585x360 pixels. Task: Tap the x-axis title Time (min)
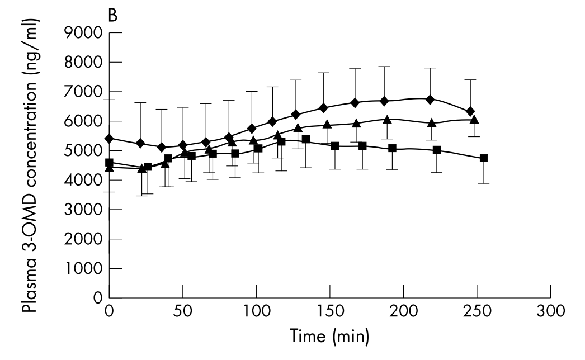coord(328,337)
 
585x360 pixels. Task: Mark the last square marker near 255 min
coord(484,158)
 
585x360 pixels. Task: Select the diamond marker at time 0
coord(110,138)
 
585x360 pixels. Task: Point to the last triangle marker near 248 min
coord(474,119)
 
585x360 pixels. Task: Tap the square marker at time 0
coord(110,163)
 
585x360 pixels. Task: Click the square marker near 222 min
coord(437,150)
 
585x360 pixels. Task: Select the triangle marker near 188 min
coord(386,120)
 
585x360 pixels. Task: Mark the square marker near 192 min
coord(392,148)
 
